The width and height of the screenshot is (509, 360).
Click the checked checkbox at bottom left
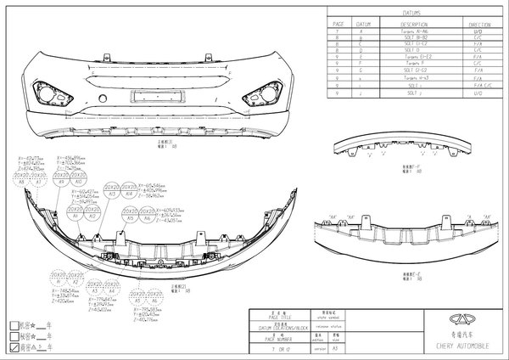(12, 347)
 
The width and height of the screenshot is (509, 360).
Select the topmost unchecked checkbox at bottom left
(12, 324)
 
